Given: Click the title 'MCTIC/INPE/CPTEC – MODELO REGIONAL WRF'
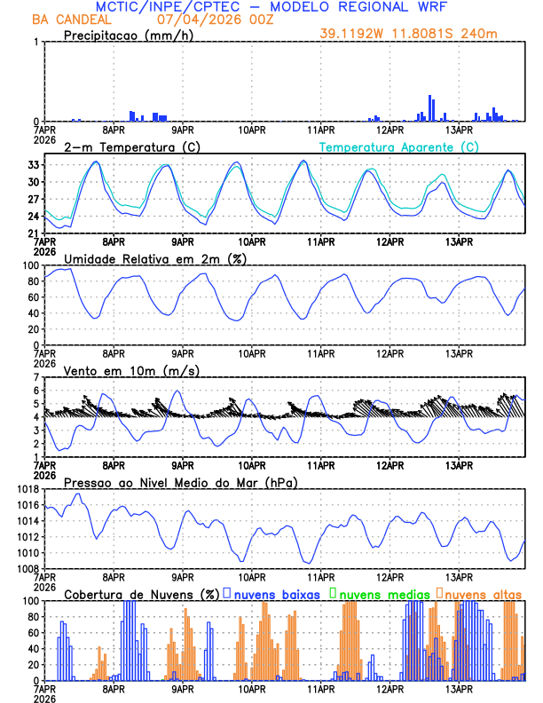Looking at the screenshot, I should (272, 7).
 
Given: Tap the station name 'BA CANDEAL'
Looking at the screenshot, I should (71, 20).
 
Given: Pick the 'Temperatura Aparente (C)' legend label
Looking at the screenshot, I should (399, 146).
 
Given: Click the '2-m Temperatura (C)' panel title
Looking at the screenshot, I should (125, 146).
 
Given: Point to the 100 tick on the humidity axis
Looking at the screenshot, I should (29, 265).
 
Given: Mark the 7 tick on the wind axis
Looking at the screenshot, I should (35, 377).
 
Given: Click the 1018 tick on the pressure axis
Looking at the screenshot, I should (27, 489).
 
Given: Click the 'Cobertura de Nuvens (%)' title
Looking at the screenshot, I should (141, 593).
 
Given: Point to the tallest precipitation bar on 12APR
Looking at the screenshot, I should (430, 107).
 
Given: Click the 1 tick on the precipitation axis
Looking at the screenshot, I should (35, 43).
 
